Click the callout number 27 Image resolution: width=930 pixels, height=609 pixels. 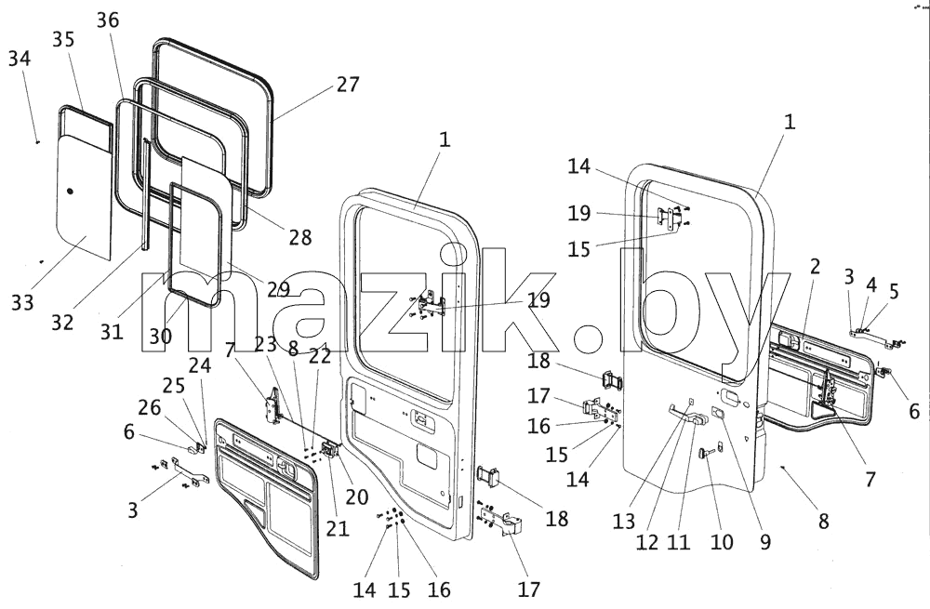click(348, 85)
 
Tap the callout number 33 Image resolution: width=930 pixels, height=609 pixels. click(22, 302)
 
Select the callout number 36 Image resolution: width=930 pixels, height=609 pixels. click(108, 20)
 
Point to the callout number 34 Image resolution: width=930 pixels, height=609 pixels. click(20, 59)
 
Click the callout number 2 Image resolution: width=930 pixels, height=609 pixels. click(815, 266)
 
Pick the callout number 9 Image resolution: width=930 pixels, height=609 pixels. click(765, 541)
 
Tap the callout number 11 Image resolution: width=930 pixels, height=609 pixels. click(679, 541)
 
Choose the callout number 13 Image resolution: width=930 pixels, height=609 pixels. click(624, 522)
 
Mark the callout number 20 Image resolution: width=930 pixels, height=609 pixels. click(356, 496)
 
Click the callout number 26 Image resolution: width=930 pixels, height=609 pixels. click(150, 407)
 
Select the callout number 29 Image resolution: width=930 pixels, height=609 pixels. click(278, 289)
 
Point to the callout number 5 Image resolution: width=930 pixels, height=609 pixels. click(894, 291)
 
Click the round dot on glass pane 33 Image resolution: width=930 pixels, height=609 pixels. click(70, 192)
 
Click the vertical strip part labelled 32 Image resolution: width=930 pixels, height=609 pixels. click(145, 193)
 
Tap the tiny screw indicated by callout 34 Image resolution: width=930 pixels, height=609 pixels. click(37, 142)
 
